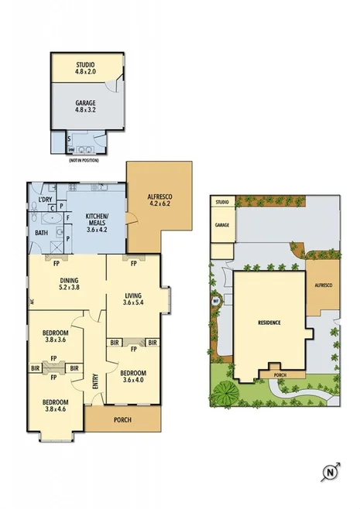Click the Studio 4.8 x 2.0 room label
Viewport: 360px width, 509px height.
pos(85,68)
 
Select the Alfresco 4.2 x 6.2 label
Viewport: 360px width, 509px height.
pos(159,202)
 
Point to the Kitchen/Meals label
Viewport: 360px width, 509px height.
pos(98,222)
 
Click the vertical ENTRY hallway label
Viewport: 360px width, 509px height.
pos(95,383)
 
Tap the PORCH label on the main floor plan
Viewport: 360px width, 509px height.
pos(122,420)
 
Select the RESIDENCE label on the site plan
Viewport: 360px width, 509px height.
pos(269,322)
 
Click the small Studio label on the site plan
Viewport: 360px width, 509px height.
pos(222,202)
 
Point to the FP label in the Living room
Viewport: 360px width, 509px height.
pos(133,263)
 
